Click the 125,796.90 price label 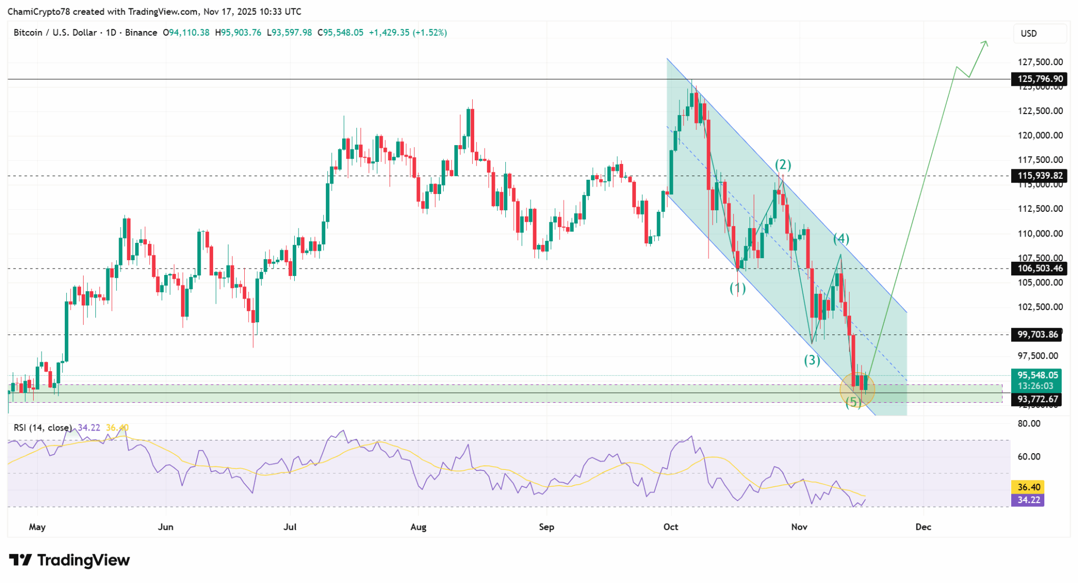coord(1040,79)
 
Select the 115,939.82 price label coord(1040,176)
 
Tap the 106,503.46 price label coord(1040,269)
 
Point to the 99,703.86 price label coord(1037,334)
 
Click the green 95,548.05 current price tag coord(1036,375)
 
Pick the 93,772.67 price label coord(1037,399)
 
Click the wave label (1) coord(737,288)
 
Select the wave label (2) coord(783,165)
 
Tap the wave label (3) coord(812,360)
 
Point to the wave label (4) coord(841,239)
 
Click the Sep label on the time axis coord(546,527)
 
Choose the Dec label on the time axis coord(923,527)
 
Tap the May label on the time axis coord(37,527)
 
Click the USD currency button coord(1029,33)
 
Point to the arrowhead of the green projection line coord(985,43)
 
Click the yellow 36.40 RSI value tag coord(1028,487)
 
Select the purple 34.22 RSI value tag coord(1028,500)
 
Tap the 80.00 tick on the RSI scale coord(1029,424)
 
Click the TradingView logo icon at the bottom coord(21,560)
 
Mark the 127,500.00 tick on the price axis coord(1040,62)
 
